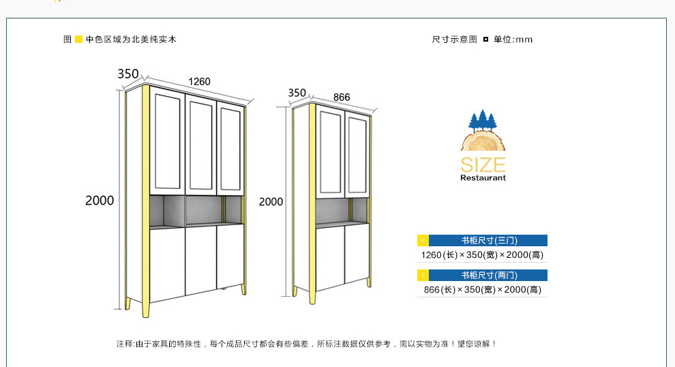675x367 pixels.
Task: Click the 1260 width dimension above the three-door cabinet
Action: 199,81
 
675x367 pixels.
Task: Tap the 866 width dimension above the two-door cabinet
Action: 342,98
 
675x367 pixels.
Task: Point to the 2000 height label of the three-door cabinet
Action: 100,201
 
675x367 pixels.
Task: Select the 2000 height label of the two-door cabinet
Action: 271,202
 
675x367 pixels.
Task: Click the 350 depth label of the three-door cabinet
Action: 128,74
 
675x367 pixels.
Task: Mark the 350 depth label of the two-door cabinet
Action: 297,93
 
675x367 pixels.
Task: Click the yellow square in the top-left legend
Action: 79,39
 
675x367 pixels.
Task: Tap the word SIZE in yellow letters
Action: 483,165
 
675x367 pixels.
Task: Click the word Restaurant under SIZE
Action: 483,178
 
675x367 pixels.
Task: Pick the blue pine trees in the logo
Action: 483,120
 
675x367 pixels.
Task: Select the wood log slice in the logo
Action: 483,141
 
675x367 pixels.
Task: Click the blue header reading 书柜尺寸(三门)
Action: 487,240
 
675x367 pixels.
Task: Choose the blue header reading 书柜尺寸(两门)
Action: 487,276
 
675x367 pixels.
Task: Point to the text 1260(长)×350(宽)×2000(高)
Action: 482,255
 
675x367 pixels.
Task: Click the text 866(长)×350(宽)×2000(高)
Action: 483,290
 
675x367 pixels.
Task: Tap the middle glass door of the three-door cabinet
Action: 201,145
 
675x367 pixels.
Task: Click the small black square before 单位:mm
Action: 485,39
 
